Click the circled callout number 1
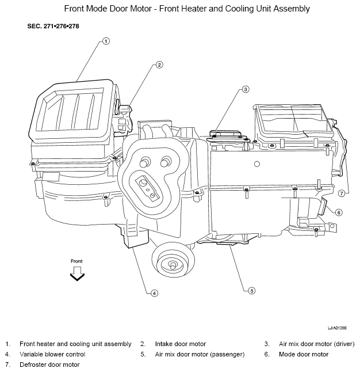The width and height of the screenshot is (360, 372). coord(106,41)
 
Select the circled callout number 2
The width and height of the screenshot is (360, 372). coord(159,64)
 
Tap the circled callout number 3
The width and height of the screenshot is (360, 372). coord(246,89)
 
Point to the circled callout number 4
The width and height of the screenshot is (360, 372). coord(154,293)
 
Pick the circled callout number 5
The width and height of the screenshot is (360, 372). coord(252,291)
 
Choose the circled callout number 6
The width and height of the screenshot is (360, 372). coord(339,212)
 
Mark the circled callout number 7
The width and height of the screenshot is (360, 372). coord(341,193)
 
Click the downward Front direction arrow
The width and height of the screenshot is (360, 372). coord(77,274)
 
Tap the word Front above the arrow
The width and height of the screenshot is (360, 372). coord(76,261)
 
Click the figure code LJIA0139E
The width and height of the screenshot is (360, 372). coord(337,328)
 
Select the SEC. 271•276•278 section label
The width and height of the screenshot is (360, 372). coord(53,26)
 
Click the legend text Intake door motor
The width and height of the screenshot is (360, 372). coord(181,344)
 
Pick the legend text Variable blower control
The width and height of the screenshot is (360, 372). coord(52,354)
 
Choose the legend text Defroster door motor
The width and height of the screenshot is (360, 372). coord(49,365)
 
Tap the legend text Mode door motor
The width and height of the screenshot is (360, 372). coord(304,354)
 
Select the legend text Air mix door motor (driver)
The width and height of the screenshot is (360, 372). coord(317,344)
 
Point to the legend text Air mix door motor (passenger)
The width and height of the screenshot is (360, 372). coord(200,354)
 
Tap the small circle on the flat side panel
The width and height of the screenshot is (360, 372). coord(256,164)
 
